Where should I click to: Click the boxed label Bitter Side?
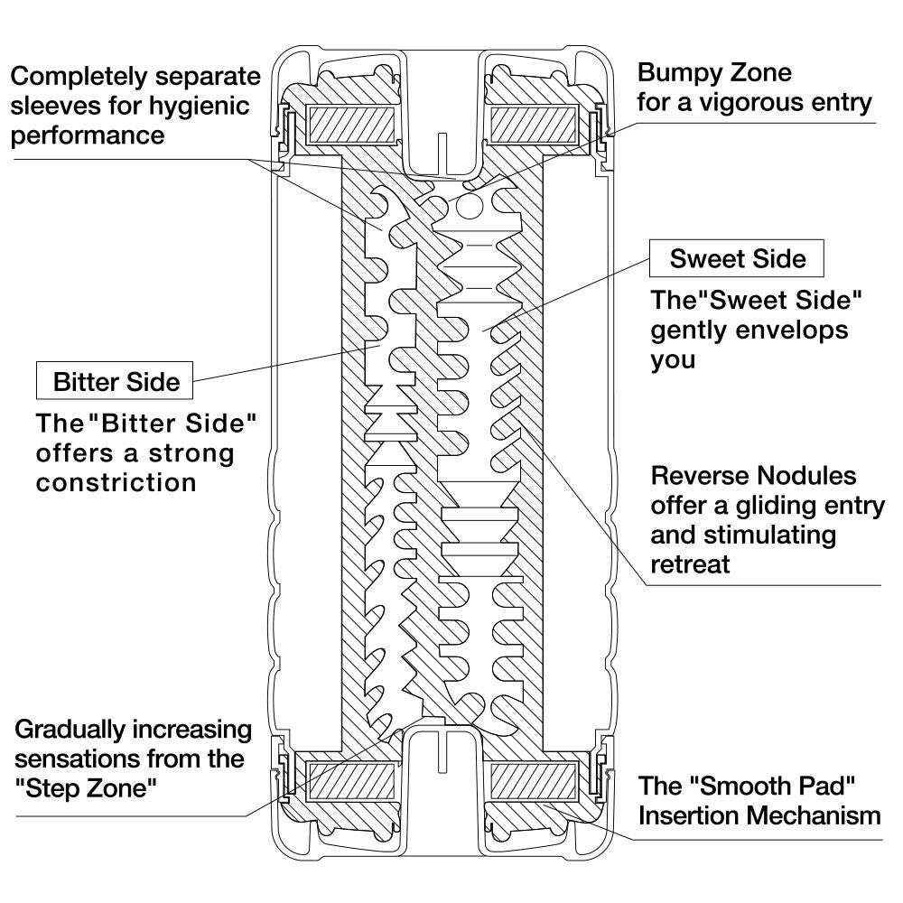pyautogui.click(x=116, y=381)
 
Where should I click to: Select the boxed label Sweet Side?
pyautogui.click(x=738, y=259)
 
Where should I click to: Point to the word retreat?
pyautogui.click(x=690, y=564)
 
